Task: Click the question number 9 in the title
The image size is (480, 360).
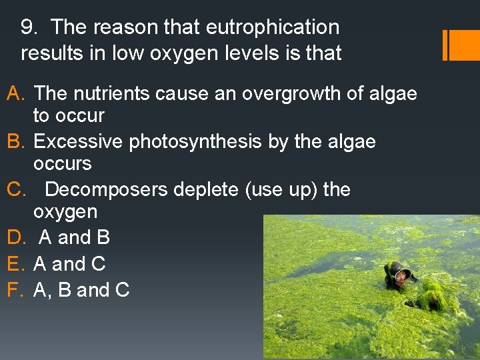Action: click(27, 28)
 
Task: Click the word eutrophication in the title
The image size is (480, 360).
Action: click(273, 28)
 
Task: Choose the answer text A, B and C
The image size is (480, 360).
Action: click(81, 290)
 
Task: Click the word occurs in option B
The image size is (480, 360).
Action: click(62, 163)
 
